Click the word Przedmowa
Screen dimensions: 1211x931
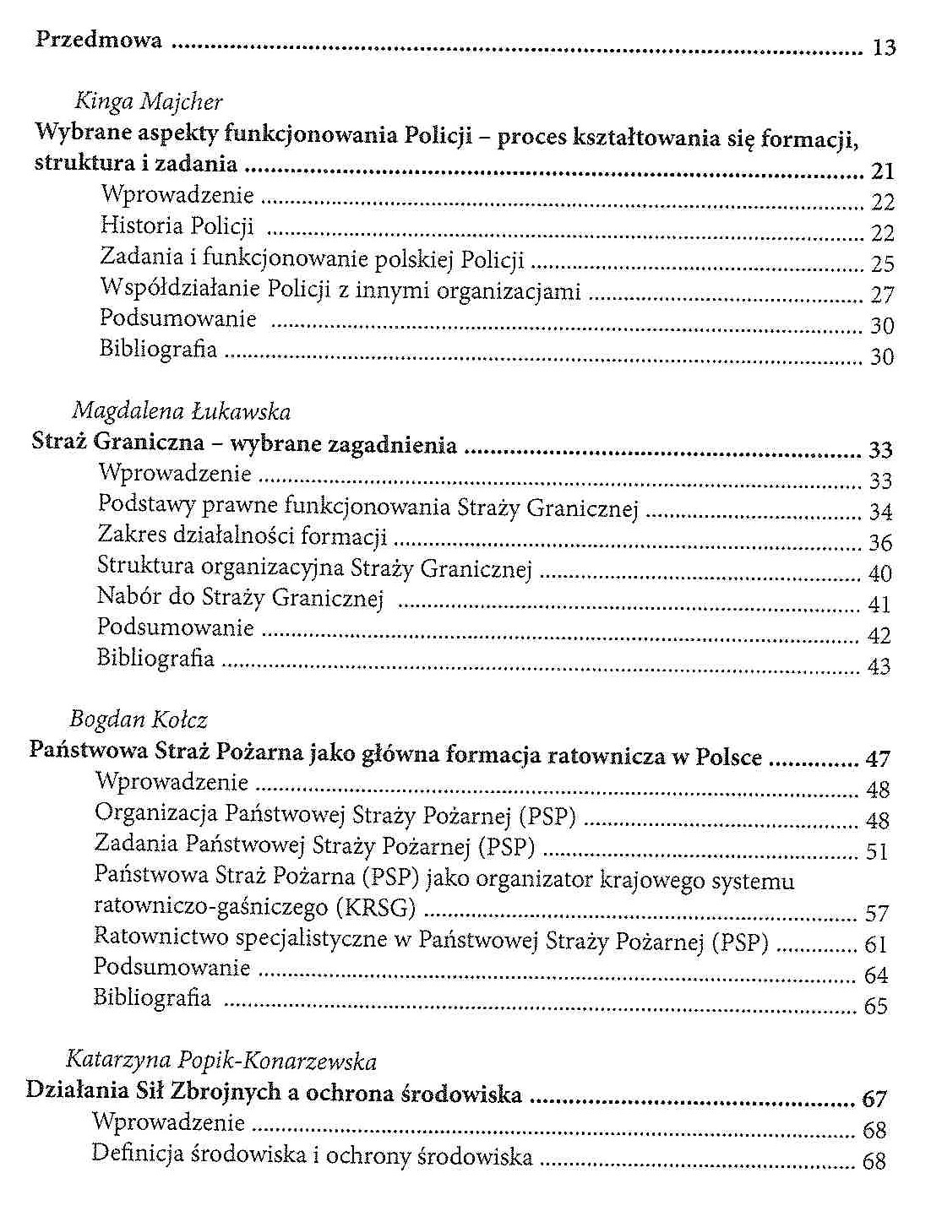[98, 40]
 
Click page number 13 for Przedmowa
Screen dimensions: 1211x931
[883, 48]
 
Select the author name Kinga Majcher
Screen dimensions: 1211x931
[149, 102]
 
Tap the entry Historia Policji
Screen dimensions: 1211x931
[177, 226]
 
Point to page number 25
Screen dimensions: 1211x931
[882, 264]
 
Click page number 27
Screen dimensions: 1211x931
[882, 295]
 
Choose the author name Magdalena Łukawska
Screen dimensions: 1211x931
[181, 411]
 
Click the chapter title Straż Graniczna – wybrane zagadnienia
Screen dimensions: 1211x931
[244, 443]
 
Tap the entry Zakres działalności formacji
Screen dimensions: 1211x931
[242, 535]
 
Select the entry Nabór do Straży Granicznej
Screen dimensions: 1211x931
[240, 597]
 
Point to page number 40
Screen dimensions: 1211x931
[879, 574]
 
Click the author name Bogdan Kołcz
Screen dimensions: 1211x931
[138, 720]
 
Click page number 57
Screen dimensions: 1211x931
[876, 914]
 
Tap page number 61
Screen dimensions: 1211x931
[876, 944]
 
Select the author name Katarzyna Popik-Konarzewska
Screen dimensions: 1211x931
[220, 1061]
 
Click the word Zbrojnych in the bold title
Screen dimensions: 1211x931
[226, 1092]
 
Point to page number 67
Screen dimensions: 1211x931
[874, 1099]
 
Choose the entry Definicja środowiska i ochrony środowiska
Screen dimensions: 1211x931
[312, 1155]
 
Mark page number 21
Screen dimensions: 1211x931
[882, 171]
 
